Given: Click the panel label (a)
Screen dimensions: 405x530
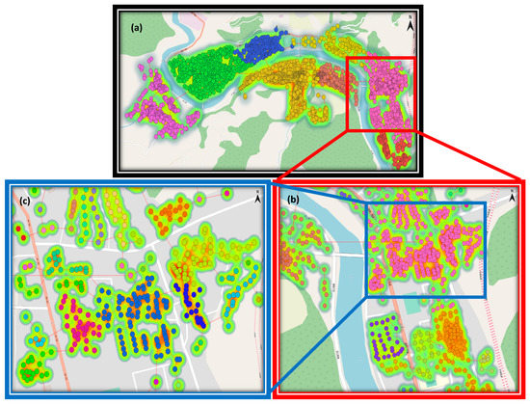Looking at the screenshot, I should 137,28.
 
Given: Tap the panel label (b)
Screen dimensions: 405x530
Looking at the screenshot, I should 294,199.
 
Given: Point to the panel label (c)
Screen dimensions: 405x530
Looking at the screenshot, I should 25,201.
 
